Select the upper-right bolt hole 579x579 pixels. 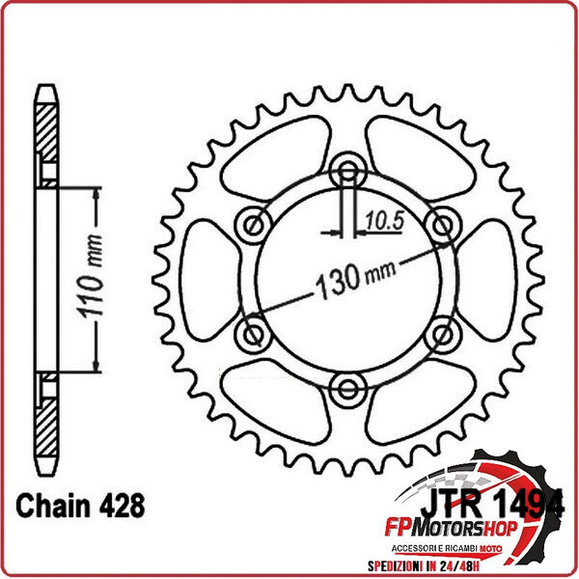443,226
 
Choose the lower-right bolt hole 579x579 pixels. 443,335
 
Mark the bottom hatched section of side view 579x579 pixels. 46,425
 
